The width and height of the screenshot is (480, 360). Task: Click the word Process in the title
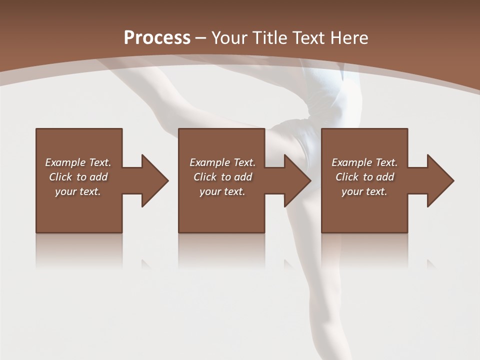coord(157,38)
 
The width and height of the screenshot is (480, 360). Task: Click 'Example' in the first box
coord(65,162)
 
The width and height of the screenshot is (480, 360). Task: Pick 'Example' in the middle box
coord(209,162)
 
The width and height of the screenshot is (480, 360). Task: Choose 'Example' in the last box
coord(351,162)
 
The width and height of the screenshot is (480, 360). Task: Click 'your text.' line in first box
coord(78,191)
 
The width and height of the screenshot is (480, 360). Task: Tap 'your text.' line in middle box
coord(222,191)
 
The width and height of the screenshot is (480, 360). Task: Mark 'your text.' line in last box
coord(364,191)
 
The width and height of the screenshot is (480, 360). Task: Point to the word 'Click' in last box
coord(347,177)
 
